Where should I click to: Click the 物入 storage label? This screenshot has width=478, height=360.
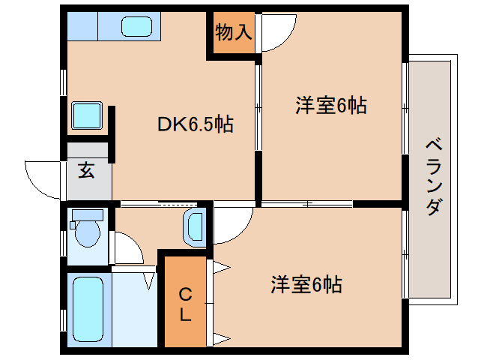(x=233, y=32)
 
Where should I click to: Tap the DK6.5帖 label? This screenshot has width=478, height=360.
(x=195, y=124)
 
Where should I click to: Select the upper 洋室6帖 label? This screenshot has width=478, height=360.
(x=330, y=106)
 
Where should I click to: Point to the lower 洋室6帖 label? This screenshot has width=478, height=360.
(x=306, y=285)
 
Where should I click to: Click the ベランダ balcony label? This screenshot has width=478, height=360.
(x=433, y=176)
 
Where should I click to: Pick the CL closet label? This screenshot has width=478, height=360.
(x=184, y=304)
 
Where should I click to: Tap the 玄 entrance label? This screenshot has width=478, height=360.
(x=86, y=170)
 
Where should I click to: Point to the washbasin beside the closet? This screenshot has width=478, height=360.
(x=195, y=227)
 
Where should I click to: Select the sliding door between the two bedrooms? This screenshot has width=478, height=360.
(x=307, y=203)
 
